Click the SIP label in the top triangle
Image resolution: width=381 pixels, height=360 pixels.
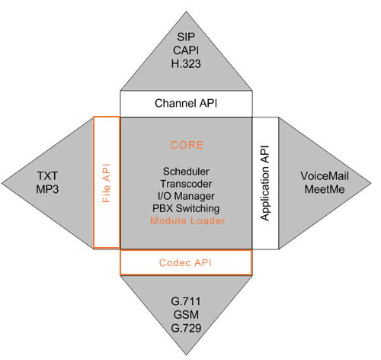pyautogui.click(x=186, y=37)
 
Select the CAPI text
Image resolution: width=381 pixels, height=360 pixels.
pyautogui.click(x=186, y=50)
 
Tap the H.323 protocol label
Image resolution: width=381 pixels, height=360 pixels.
pyautogui.click(x=186, y=63)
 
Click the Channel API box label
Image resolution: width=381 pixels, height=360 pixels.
pyautogui.click(x=186, y=104)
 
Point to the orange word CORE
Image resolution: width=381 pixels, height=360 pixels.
pyautogui.click(x=187, y=145)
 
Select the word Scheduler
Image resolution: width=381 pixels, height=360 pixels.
pyautogui.click(x=186, y=172)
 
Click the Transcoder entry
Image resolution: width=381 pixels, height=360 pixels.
pyautogui.click(x=186, y=184)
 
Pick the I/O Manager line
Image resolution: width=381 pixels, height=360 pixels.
pyautogui.click(x=186, y=196)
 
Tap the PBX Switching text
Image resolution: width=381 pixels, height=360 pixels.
pyautogui.click(x=186, y=208)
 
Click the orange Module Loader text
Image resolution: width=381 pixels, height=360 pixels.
pyautogui.click(x=187, y=220)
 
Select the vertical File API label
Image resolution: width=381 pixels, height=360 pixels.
pyautogui.click(x=107, y=183)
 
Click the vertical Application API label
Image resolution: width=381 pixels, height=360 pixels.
pyautogui.click(x=265, y=183)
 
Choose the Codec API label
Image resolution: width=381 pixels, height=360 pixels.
pyautogui.click(x=185, y=262)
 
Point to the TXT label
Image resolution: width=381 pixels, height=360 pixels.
pyautogui.click(x=47, y=176)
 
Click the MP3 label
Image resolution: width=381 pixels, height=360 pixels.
pyautogui.click(x=47, y=189)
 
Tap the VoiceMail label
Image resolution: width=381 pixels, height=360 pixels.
pyautogui.click(x=325, y=176)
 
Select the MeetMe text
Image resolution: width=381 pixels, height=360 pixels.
pyautogui.click(x=325, y=189)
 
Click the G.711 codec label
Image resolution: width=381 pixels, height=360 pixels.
pyautogui.click(x=186, y=301)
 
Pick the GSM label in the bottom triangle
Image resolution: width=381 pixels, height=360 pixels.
pyautogui.click(x=186, y=315)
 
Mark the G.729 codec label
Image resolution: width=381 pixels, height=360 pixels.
pyautogui.click(x=186, y=328)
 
